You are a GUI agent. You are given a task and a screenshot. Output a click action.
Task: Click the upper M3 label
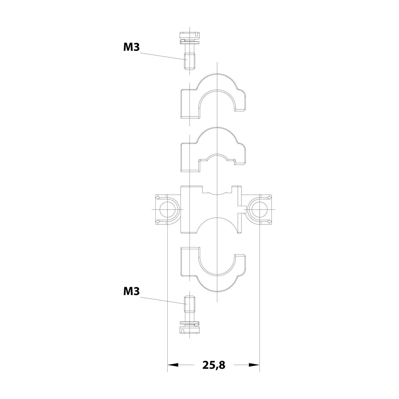(x=131, y=47)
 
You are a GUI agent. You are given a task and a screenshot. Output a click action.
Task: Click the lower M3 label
(x=131, y=292)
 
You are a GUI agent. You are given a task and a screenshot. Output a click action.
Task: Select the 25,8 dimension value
(x=214, y=365)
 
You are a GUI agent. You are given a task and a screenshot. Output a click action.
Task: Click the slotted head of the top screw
(x=189, y=35)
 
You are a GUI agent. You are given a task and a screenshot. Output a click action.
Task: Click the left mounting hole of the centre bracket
(x=168, y=209)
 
